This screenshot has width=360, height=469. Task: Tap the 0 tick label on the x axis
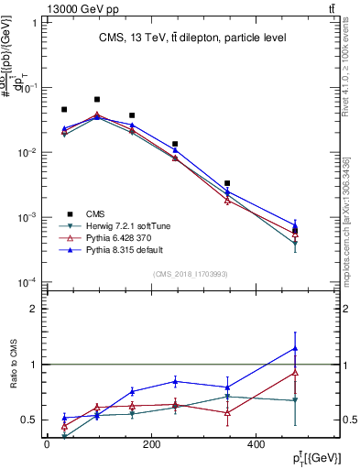(47, 445)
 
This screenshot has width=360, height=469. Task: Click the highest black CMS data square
(97, 99)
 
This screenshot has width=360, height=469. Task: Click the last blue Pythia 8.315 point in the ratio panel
(295, 347)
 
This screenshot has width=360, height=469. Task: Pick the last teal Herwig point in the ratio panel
(295, 400)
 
